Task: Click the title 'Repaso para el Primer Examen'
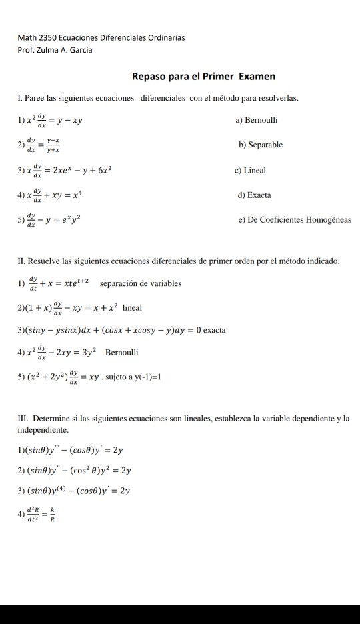[x=203, y=77]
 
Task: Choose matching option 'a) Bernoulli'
[x=257, y=120]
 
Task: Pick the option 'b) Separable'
[x=261, y=145]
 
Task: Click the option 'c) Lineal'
[x=251, y=170]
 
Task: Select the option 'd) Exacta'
[x=253, y=195]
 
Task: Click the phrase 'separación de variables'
[x=140, y=283]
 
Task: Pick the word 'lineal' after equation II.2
[x=132, y=308]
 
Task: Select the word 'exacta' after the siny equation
[x=214, y=330]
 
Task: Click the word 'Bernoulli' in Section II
[x=121, y=351]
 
